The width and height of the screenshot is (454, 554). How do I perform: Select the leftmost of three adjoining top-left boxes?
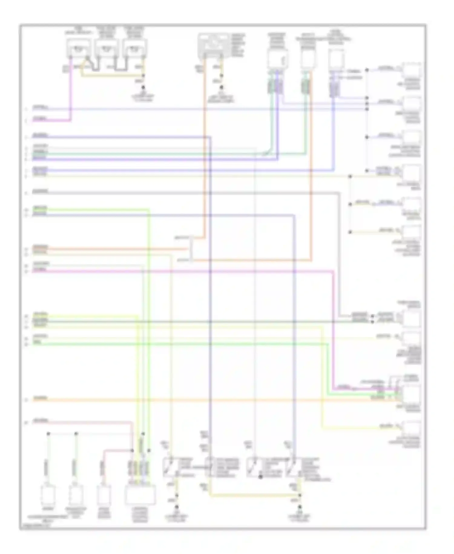pos(78,48)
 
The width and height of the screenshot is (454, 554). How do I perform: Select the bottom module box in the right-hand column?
pos(411,428)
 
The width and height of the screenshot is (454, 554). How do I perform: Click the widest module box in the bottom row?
pos(140,495)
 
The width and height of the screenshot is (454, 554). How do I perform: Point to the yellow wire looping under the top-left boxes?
pos(112,75)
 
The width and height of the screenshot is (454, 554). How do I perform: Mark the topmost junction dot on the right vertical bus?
pos(367,70)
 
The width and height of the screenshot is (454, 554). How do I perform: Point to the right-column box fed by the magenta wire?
pos(411,394)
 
